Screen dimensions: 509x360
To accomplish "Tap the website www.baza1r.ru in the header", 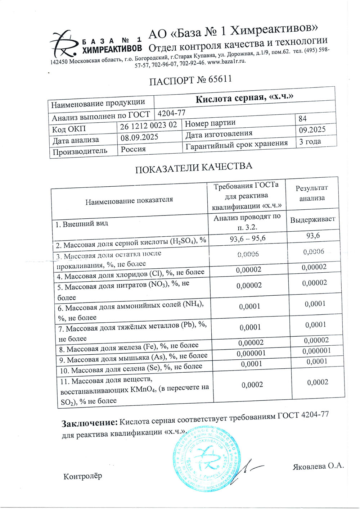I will pyautogui.click(x=227, y=62).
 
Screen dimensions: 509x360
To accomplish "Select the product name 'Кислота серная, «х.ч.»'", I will pyautogui.click(x=244, y=98).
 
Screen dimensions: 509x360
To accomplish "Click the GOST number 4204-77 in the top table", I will pyautogui.click(x=172, y=113).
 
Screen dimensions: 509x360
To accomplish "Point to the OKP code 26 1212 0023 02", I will pyautogui.click(x=149, y=126).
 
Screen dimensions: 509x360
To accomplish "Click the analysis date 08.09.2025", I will pyautogui.click(x=139, y=137).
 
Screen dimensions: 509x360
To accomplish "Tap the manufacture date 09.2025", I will pyautogui.click(x=312, y=130).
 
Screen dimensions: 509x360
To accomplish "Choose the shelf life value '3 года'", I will pyautogui.click(x=310, y=141).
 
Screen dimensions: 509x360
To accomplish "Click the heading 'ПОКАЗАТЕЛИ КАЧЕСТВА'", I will pyautogui.click(x=194, y=168).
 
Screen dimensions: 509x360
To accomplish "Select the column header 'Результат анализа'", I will pyautogui.click(x=312, y=193).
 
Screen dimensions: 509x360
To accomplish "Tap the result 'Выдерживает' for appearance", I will pyautogui.click(x=313, y=219).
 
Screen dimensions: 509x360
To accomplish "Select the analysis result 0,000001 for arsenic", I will pyautogui.click(x=316, y=351).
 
